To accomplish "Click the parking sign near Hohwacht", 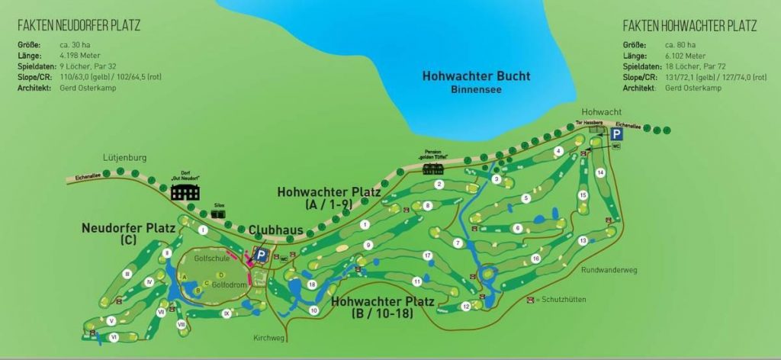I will pyautogui.click(x=616, y=133).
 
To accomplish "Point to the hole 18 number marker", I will pyautogui.click(x=312, y=284).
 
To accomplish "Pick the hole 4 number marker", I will pyautogui.click(x=559, y=151).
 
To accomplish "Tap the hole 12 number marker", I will pyautogui.click(x=465, y=307).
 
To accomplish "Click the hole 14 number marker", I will pyautogui.click(x=600, y=173).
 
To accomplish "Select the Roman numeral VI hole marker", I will pyautogui.click(x=113, y=336).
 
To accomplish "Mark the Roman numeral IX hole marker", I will pyautogui.click(x=227, y=313).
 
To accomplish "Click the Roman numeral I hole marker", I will pyautogui.click(x=203, y=230).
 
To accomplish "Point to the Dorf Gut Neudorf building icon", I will pyautogui.click(x=185, y=191).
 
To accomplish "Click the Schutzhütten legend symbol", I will pyautogui.click(x=531, y=300).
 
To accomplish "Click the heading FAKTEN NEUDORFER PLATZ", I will pyautogui.click(x=79, y=26).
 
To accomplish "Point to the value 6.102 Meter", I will pyautogui.click(x=685, y=56).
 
